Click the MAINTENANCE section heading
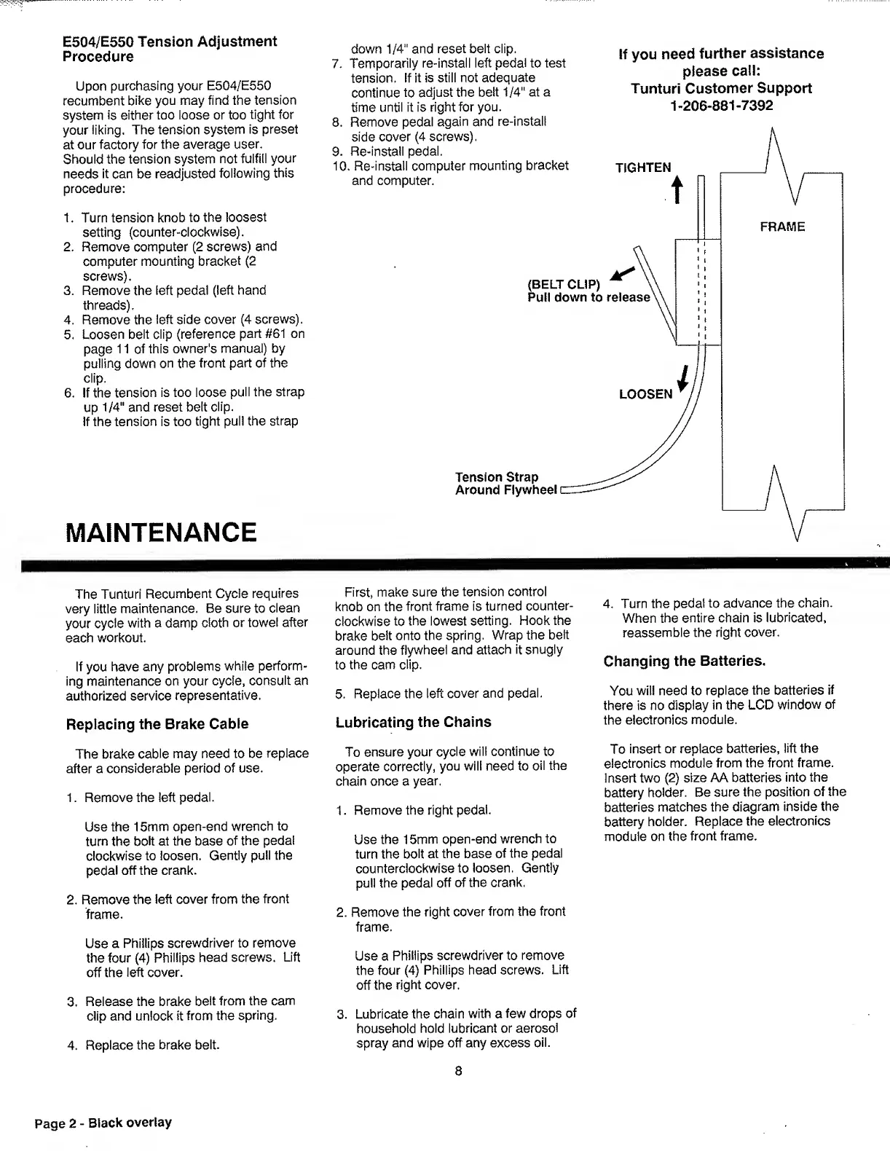point(161,533)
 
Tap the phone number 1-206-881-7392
point(721,106)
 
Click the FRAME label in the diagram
point(782,227)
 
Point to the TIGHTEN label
point(643,168)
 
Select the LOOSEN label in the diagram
point(645,394)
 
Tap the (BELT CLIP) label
point(563,284)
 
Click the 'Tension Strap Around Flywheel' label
point(506,484)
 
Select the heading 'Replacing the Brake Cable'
point(157,724)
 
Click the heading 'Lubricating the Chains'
point(413,722)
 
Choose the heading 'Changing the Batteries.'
point(685,661)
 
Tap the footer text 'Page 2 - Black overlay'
point(103,1123)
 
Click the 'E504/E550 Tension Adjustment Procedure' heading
point(170,49)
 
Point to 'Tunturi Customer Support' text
point(721,89)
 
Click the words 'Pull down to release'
point(588,297)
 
